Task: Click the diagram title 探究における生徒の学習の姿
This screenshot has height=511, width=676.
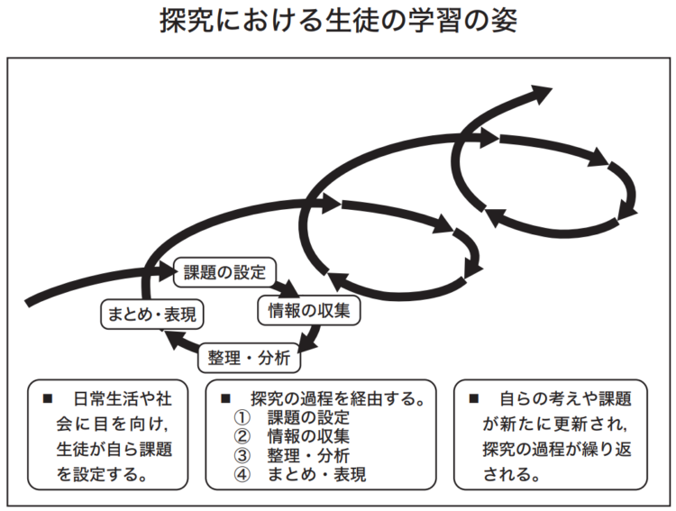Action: pos(338,20)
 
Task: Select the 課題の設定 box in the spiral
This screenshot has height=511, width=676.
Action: pos(224,272)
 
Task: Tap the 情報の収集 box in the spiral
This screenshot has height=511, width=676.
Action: pos(308,311)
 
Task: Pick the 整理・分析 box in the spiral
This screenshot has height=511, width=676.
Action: pos(249,358)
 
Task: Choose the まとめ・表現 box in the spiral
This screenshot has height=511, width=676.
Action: pos(151,314)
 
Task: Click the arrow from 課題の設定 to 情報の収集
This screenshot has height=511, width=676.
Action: pos(286,287)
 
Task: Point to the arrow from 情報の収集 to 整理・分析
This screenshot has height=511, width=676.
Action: pos(311,339)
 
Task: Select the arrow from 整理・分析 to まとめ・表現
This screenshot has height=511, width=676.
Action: pos(181,342)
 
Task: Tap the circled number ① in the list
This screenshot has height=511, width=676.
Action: pos(242,417)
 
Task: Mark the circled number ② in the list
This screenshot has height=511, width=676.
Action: pos(242,436)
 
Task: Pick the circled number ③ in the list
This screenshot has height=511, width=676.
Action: pos(242,455)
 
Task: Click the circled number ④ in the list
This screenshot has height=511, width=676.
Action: pos(242,474)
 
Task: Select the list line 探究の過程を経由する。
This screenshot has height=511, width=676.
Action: pos(338,398)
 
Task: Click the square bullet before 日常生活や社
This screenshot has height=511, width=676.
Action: pos(48,398)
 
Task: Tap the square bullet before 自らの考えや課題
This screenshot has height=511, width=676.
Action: pos(474,398)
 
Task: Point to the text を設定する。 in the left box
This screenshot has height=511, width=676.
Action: pos(102,474)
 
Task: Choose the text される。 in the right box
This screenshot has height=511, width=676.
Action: pos(512,474)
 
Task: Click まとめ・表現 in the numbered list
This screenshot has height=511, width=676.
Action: pos(317,474)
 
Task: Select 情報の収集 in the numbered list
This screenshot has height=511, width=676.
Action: pos(308,436)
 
